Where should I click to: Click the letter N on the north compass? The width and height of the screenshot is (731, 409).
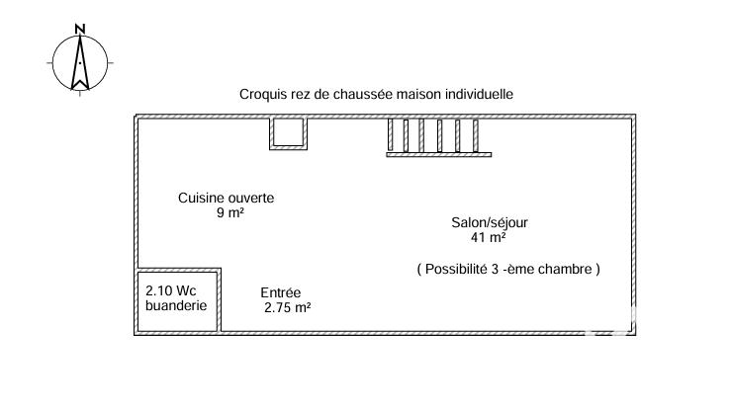(81, 27)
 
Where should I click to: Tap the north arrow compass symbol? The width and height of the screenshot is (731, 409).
(81, 63)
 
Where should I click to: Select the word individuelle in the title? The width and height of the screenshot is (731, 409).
(480, 95)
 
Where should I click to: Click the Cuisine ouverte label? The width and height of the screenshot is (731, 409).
(226, 198)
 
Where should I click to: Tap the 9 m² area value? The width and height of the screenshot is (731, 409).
(230, 213)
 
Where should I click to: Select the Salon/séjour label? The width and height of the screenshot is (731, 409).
(491, 222)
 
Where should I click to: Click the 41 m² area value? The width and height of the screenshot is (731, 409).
(490, 237)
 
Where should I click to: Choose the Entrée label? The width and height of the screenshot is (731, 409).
(281, 292)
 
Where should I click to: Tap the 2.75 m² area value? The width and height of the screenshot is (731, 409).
(288, 307)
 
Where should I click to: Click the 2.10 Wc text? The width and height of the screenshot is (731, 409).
(171, 291)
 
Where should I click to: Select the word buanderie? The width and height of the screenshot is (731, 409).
(176, 306)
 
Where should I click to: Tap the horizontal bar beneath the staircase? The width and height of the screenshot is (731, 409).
(438, 155)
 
